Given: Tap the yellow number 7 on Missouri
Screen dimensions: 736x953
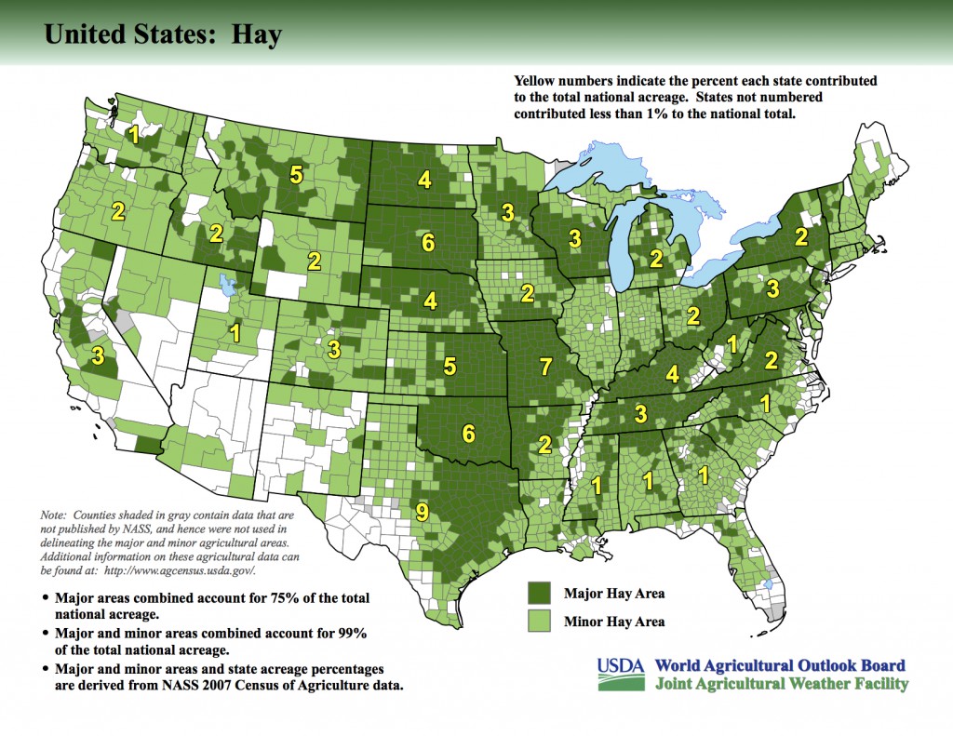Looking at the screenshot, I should point(546,366).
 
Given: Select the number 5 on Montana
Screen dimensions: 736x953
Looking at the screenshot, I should point(296,174).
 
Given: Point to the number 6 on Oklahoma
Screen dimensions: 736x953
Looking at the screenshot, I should point(467,433).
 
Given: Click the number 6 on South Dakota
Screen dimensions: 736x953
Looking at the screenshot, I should point(428,243).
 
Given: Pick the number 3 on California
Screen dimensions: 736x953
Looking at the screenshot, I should point(97,355).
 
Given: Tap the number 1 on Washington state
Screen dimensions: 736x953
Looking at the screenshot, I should point(135,135).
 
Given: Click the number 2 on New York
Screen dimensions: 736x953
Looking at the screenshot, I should point(800,237).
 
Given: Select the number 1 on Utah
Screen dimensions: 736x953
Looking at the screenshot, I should point(235,332).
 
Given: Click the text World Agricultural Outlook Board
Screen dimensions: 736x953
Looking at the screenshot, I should point(779,665).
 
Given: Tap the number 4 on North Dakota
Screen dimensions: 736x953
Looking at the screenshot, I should point(424,180).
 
